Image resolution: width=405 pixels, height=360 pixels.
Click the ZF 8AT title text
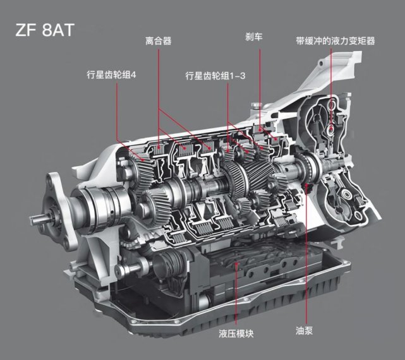click(45, 30)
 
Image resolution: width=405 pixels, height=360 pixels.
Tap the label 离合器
click(159, 41)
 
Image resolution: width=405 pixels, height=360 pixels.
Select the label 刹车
click(254, 37)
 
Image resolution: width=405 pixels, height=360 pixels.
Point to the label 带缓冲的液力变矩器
click(335, 41)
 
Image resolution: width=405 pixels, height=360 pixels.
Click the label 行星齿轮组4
click(111, 75)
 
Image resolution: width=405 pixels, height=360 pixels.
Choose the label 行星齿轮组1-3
click(215, 76)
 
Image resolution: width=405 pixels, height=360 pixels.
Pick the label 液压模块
click(236, 333)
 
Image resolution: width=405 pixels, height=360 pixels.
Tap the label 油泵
click(305, 330)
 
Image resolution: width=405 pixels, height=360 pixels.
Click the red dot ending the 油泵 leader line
click(307, 185)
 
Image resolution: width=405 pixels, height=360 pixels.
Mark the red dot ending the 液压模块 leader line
click(236, 263)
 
